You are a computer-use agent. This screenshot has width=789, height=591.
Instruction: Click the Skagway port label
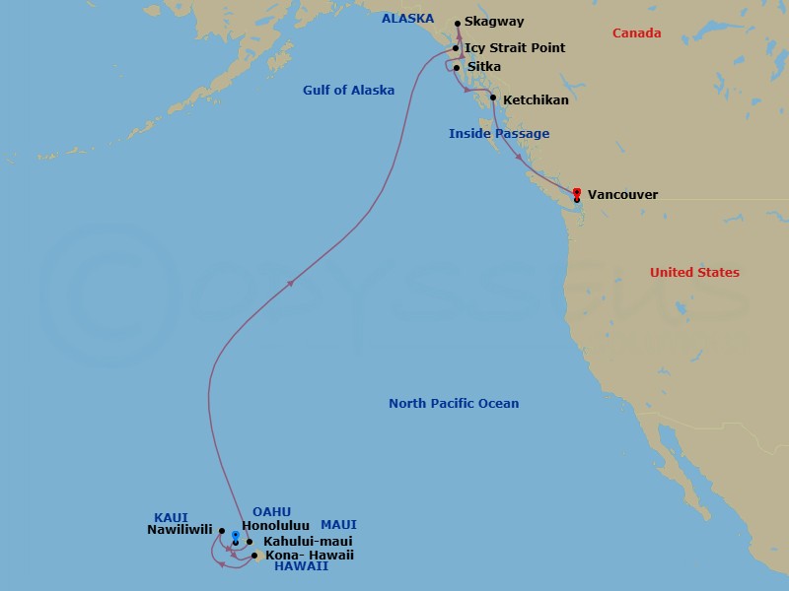click(x=496, y=22)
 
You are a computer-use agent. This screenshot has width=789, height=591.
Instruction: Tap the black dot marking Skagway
click(x=458, y=23)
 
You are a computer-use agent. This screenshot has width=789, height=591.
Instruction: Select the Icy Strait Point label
click(x=515, y=47)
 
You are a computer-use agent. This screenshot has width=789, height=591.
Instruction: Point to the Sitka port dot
click(x=456, y=67)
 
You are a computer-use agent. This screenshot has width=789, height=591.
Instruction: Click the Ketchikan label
click(x=536, y=100)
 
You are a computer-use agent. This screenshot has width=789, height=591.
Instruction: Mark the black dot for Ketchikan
click(x=492, y=98)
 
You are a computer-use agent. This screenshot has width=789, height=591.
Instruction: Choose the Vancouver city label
click(x=622, y=195)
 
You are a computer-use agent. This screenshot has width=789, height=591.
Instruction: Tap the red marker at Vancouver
click(x=577, y=192)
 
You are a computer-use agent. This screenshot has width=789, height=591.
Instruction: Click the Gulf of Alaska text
click(x=348, y=91)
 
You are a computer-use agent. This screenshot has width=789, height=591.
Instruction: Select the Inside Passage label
click(x=499, y=134)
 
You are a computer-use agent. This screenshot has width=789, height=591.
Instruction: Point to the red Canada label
click(x=636, y=33)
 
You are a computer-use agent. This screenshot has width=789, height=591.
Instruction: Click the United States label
click(x=694, y=273)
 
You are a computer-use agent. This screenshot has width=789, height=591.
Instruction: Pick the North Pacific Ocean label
click(x=454, y=404)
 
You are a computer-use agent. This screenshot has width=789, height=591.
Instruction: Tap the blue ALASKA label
click(x=407, y=19)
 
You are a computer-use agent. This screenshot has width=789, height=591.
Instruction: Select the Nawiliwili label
click(x=179, y=529)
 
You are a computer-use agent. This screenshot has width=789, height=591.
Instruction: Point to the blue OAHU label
click(x=271, y=511)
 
